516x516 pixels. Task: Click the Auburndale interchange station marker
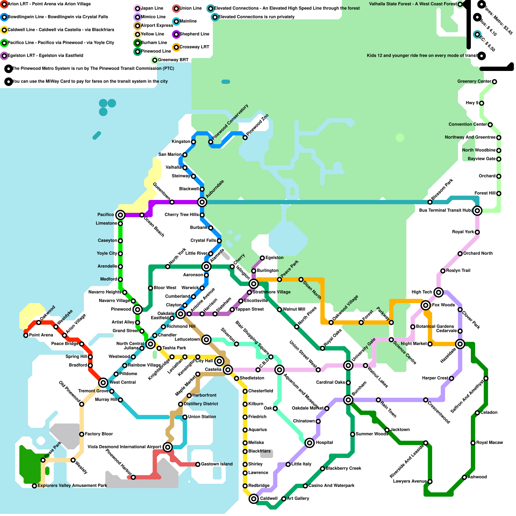202,202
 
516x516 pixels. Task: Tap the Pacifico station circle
120,215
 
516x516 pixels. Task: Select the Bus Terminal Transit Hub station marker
477,211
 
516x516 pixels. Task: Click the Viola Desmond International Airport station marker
167,447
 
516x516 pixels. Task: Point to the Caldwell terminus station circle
254,499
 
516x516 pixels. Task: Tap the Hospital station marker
310,443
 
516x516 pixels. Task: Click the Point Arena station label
41,335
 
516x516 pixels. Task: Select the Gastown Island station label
217,464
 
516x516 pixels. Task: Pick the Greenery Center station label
474,81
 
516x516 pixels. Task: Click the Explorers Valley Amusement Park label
72,486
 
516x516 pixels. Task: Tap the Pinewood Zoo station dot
245,138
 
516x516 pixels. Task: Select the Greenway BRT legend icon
155,60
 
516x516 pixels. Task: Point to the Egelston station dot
263,258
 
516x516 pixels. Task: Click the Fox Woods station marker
426,305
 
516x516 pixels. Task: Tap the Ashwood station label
477,477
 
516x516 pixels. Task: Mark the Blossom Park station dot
430,202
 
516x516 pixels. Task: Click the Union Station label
202,417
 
